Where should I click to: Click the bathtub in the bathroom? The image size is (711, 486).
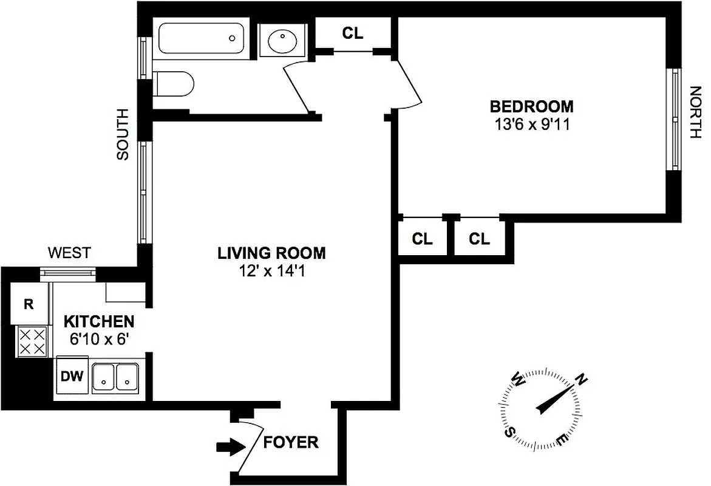[201, 38]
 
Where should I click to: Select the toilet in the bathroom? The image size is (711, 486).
[174, 83]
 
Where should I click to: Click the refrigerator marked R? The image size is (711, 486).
[29, 305]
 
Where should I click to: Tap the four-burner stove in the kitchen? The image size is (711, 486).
[31, 341]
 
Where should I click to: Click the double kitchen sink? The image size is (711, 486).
[115, 377]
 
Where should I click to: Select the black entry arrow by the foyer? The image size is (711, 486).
[228, 448]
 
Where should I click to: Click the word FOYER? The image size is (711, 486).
[291, 442]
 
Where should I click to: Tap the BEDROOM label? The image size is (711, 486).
[531, 107]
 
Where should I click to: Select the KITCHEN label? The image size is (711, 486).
[100, 321]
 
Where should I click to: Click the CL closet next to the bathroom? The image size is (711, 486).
[353, 33]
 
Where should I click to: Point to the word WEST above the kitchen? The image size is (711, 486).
[69, 253]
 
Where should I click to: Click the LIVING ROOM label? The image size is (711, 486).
[271, 253]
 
